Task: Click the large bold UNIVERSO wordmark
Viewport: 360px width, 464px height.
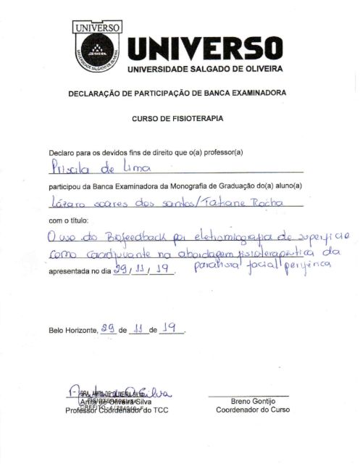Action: [204, 49]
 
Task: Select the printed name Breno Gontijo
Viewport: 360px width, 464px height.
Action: [248, 400]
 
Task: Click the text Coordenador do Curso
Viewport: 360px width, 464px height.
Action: [248, 410]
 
